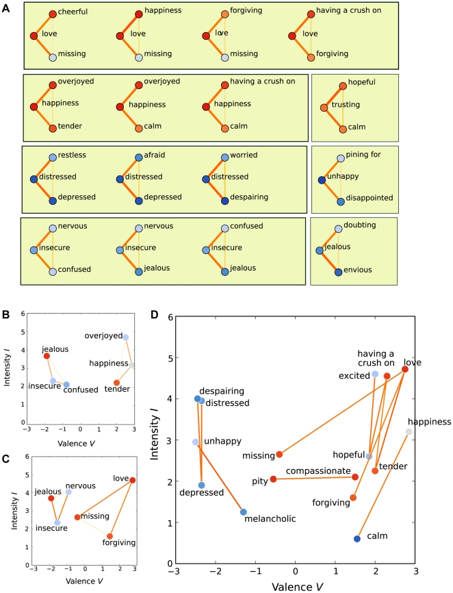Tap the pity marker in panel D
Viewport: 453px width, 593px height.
tap(273, 479)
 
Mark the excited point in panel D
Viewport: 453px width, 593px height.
tap(375, 374)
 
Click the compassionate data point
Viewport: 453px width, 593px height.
tap(354, 477)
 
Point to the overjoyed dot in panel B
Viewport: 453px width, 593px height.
tap(126, 337)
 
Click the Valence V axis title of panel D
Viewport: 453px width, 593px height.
tap(296, 586)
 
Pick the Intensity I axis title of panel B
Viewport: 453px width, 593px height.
tap(7, 369)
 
